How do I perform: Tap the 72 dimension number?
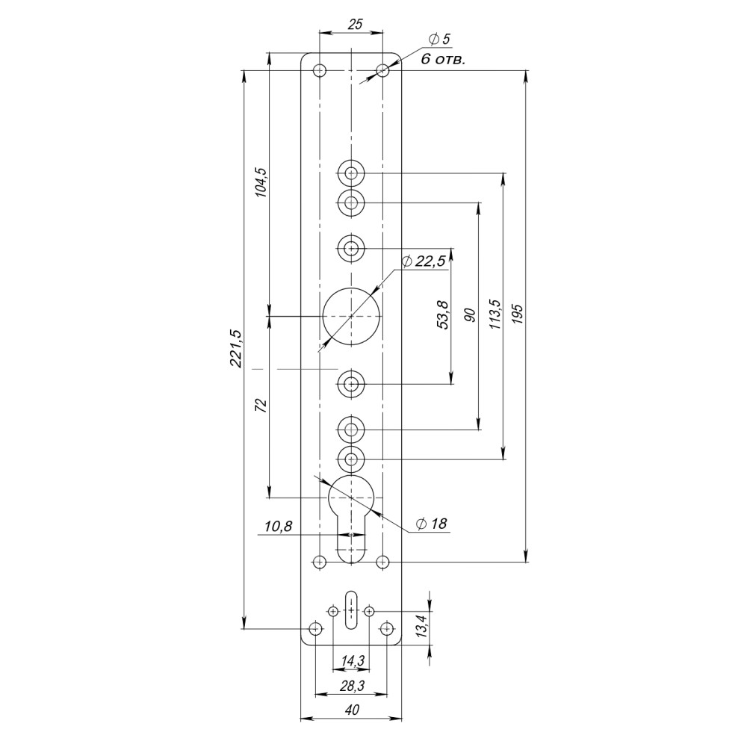click(261, 406)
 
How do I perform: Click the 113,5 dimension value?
click(494, 314)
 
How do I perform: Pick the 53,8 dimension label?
click(443, 314)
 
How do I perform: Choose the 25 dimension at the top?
click(356, 25)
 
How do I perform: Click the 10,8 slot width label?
click(278, 527)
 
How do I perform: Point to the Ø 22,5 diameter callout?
click(424, 261)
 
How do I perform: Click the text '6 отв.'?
click(443, 59)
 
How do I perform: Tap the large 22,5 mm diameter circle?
click(351, 316)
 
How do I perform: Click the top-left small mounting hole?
click(320, 71)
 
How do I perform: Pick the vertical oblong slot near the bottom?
click(351, 608)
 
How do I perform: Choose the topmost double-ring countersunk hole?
click(351, 173)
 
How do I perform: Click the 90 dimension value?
click(469, 314)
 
